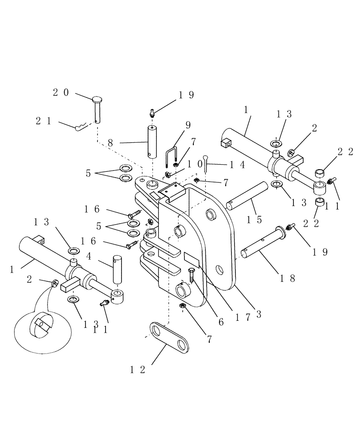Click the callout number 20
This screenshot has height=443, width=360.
click(x=61, y=93)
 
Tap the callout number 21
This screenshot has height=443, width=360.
click(x=43, y=120)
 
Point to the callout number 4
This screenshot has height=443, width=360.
click(x=89, y=256)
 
